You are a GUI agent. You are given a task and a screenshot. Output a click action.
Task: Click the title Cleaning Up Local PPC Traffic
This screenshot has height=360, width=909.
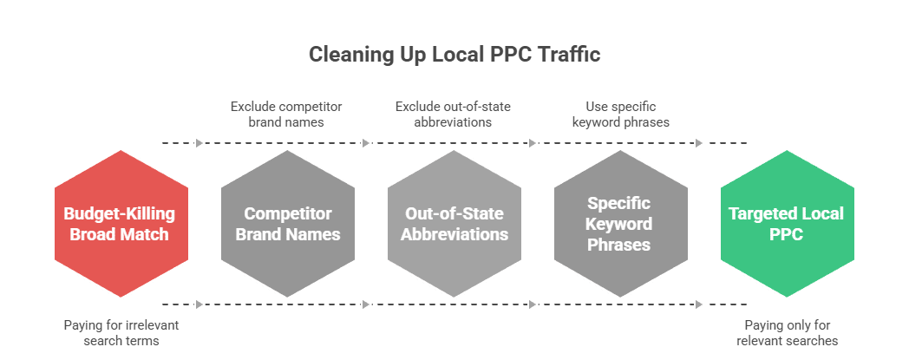(x=454, y=55)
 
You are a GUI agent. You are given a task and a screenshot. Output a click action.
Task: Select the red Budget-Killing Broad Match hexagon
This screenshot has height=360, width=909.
(x=121, y=223)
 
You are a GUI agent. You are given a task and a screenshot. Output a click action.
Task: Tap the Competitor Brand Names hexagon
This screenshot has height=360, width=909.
(x=287, y=223)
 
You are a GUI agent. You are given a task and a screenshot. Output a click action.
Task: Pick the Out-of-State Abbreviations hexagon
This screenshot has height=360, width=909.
(x=454, y=223)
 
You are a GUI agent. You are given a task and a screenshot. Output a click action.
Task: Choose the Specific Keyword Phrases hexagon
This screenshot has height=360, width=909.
(x=620, y=223)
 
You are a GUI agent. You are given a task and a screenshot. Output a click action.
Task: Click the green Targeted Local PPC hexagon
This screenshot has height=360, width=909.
(x=787, y=223)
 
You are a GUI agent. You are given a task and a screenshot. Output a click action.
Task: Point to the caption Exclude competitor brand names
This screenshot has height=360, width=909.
(x=286, y=114)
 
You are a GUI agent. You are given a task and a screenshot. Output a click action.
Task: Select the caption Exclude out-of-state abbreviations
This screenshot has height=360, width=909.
(x=453, y=114)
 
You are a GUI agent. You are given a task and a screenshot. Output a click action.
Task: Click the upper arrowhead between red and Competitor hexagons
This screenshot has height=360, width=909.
(x=200, y=143)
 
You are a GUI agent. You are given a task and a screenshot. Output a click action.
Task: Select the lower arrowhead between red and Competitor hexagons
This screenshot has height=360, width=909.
(x=200, y=304)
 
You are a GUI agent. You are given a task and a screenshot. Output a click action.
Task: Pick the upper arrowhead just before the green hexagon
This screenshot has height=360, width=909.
(x=699, y=143)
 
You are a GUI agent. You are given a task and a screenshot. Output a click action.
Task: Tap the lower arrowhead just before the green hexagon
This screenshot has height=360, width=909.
(x=699, y=304)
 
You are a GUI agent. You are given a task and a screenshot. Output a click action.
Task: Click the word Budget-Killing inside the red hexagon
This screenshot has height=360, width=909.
(x=121, y=213)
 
